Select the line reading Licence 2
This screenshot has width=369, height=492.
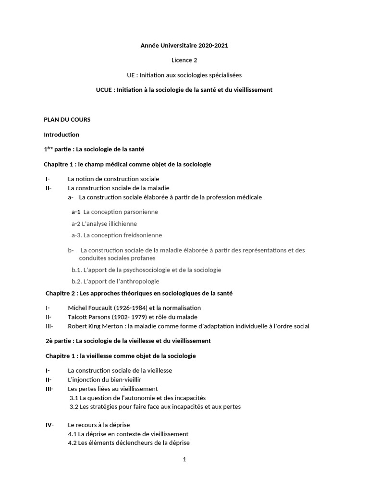(x=184, y=60)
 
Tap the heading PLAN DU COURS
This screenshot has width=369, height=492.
(x=67, y=120)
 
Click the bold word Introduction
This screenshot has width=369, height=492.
(x=61, y=135)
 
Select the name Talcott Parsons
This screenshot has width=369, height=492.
(x=90, y=317)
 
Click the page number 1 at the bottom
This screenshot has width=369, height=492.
(x=184, y=459)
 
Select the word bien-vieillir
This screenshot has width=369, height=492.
(x=115, y=380)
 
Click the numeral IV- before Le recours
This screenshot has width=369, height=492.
(x=49, y=425)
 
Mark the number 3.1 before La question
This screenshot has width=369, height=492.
(x=74, y=398)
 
